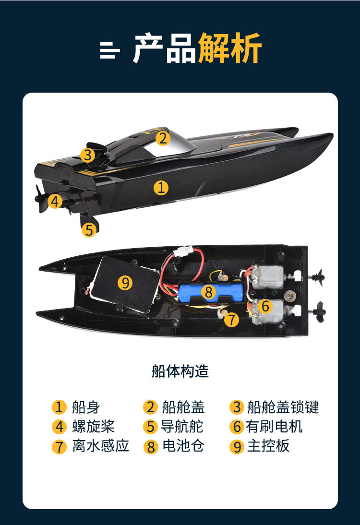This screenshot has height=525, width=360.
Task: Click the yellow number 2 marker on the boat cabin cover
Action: [x=163, y=138]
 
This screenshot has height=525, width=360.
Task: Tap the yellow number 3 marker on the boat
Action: [x=87, y=155]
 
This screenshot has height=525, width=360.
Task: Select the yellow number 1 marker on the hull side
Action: [x=161, y=188]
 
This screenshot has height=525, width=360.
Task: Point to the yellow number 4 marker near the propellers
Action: [x=55, y=201]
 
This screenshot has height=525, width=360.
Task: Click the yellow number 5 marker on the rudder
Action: [x=89, y=230]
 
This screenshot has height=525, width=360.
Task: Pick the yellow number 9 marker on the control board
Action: [x=125, y=283]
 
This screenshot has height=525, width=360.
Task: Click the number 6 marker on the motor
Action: [x=265, y=306]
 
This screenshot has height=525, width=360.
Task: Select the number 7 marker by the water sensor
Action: [x=231, y=319]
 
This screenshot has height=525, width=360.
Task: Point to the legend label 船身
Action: [x=86, y=407]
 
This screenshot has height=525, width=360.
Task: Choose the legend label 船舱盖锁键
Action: [x=283, y=407]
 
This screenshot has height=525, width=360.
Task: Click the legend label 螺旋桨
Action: [x=94, y=427]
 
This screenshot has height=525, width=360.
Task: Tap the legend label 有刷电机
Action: [x=274, y=427]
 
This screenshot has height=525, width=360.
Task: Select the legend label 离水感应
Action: [x=100, y=446]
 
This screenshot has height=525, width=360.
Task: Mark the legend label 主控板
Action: [x=268, y=446]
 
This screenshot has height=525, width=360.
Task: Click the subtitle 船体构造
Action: [x=180, y=371]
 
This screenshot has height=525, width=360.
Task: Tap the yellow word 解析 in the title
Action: [x=229, y=48]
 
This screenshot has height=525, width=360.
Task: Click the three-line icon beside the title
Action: [x=110, y=50]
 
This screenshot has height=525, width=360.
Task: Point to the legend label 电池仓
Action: [x=183, y=446]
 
